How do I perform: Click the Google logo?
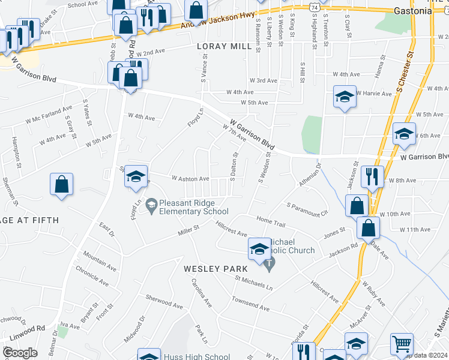pyautogui.click(x=19, y=352)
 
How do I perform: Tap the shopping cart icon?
pyautogui.click(x=402, y=344)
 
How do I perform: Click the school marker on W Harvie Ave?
pyautogui.click(x=345, y=97)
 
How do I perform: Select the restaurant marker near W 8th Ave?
pyautogui.click(x=373, y=176)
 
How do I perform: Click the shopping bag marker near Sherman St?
pyautogui.click(x=62, y=184)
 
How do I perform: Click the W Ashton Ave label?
pyautogui.click(x=190, y=178)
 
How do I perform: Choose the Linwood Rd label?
pyautogui.click(x=32, y=328)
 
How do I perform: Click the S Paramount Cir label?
pyautogui.click(x=307, y=208)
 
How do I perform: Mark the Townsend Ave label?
pyautogui.click(x=251, y=302)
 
